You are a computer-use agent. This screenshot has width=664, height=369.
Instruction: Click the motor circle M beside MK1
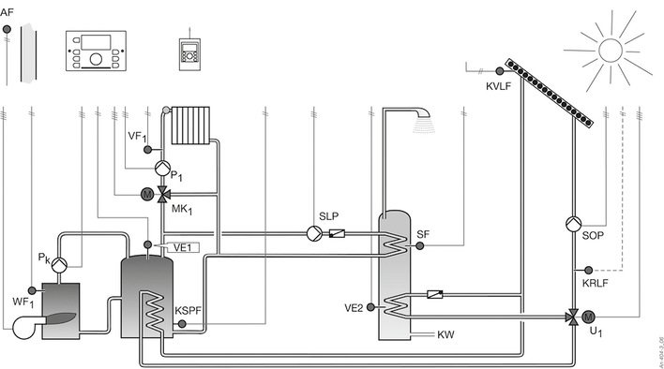click(x=146, y=194)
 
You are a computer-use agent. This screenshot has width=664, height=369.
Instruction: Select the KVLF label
click(x=499, y=87)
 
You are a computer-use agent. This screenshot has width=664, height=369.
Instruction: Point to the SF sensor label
click(x=423, y=233)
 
